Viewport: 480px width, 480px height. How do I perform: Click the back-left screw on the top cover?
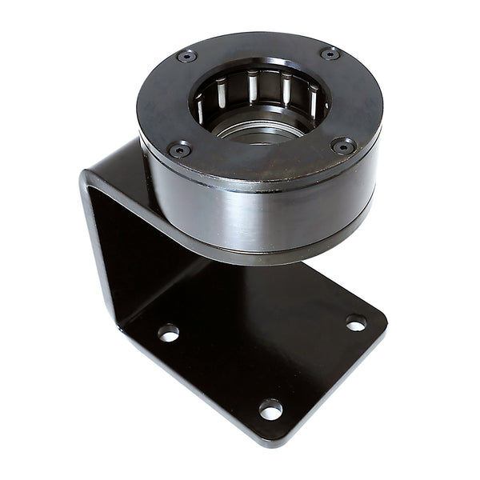click(x=186, y=56)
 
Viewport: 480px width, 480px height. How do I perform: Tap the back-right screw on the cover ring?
click(x=330, y=54)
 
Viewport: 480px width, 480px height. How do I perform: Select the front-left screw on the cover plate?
click(x=180, y=150)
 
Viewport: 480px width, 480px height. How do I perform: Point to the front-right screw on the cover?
click(x=343, y=146)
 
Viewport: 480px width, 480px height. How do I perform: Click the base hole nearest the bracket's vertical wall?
click(x=168, y=333)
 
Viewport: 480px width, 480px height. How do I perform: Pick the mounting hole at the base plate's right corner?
click(x=356, y=323)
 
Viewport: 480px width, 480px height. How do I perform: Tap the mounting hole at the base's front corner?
click(x=270, y=410)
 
